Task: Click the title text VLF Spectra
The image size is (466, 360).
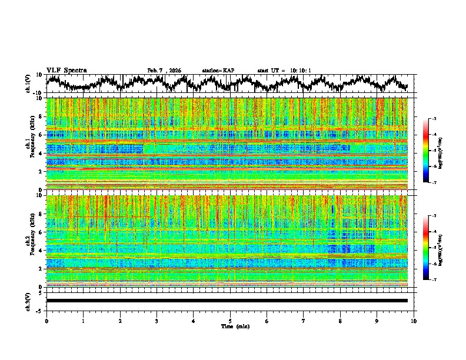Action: (66, 70)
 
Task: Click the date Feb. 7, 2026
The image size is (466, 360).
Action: (164, 71)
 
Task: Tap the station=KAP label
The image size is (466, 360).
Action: (218, 71)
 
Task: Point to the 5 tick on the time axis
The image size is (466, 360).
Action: (230, 321)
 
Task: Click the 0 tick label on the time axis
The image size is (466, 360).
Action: (46, 321)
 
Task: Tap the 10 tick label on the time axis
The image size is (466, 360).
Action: (414, 321)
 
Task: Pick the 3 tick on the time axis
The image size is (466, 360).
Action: (157, 321)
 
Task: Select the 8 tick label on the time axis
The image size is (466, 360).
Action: (340, 321)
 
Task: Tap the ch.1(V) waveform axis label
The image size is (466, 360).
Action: (28, 84)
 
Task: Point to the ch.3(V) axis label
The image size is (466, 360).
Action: (28, 301)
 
